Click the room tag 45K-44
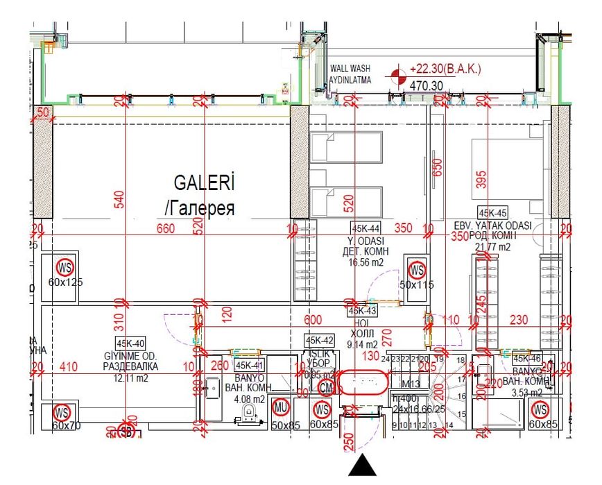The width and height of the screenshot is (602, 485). pos(365,228)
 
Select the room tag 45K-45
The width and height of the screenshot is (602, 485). pos(492,213)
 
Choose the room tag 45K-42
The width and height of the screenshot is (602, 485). pos(320,341)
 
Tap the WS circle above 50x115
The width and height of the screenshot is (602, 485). pos(417,269)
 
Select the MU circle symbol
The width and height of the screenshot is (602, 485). pos(282,407)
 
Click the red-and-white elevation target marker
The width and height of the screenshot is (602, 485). pos(398,76)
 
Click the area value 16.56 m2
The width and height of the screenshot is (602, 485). pos(366,262)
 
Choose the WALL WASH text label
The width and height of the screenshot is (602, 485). pos(351,69)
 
